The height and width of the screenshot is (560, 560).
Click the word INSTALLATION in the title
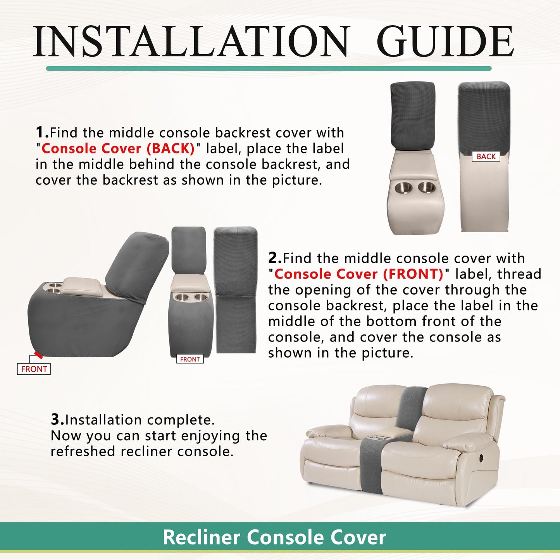click(190, 41)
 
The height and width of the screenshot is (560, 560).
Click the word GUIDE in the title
click(447, 41)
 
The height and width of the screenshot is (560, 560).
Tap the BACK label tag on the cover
click(486, 156)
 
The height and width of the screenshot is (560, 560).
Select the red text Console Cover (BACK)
click(118, 148)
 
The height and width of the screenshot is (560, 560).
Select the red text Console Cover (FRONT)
click(358, 274)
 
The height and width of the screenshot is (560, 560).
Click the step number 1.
click(42, 132)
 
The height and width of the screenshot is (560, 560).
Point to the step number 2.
click(275, 258)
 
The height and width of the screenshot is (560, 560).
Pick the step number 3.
click(57, 419)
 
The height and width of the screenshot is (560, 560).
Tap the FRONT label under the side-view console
click(34, 369)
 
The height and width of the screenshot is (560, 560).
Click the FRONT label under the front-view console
click(190, 359)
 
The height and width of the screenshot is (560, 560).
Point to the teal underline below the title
click(269, 69)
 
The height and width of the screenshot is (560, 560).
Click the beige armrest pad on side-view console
click(83, 285)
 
